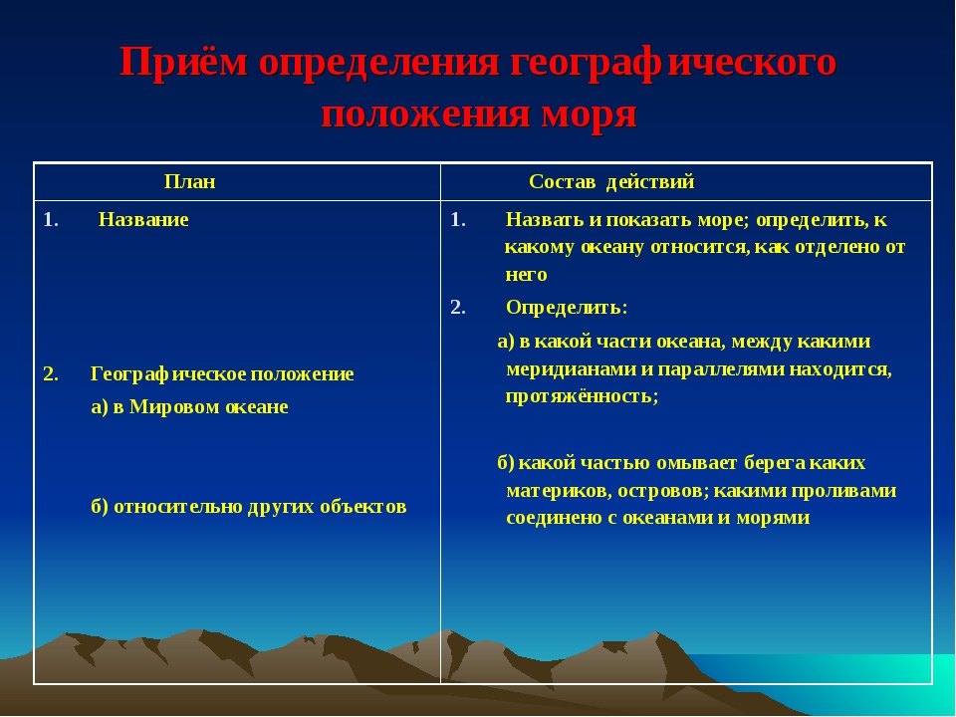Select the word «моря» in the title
[x=588, y=115]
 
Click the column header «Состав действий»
[x=611, y=182]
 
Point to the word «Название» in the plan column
[x=143, y=220]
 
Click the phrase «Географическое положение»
[x=222, y=374]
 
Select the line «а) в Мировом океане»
[x=189, y=407]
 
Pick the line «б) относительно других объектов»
[x=248, y=506]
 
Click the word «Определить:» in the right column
[x=567, y=307]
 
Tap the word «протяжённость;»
[x=582, y=395]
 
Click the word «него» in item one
[x=527, y=274]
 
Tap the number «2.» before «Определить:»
[x=458, y=307]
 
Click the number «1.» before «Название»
[x=51, y=220]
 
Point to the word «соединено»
[x=550, y=517]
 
